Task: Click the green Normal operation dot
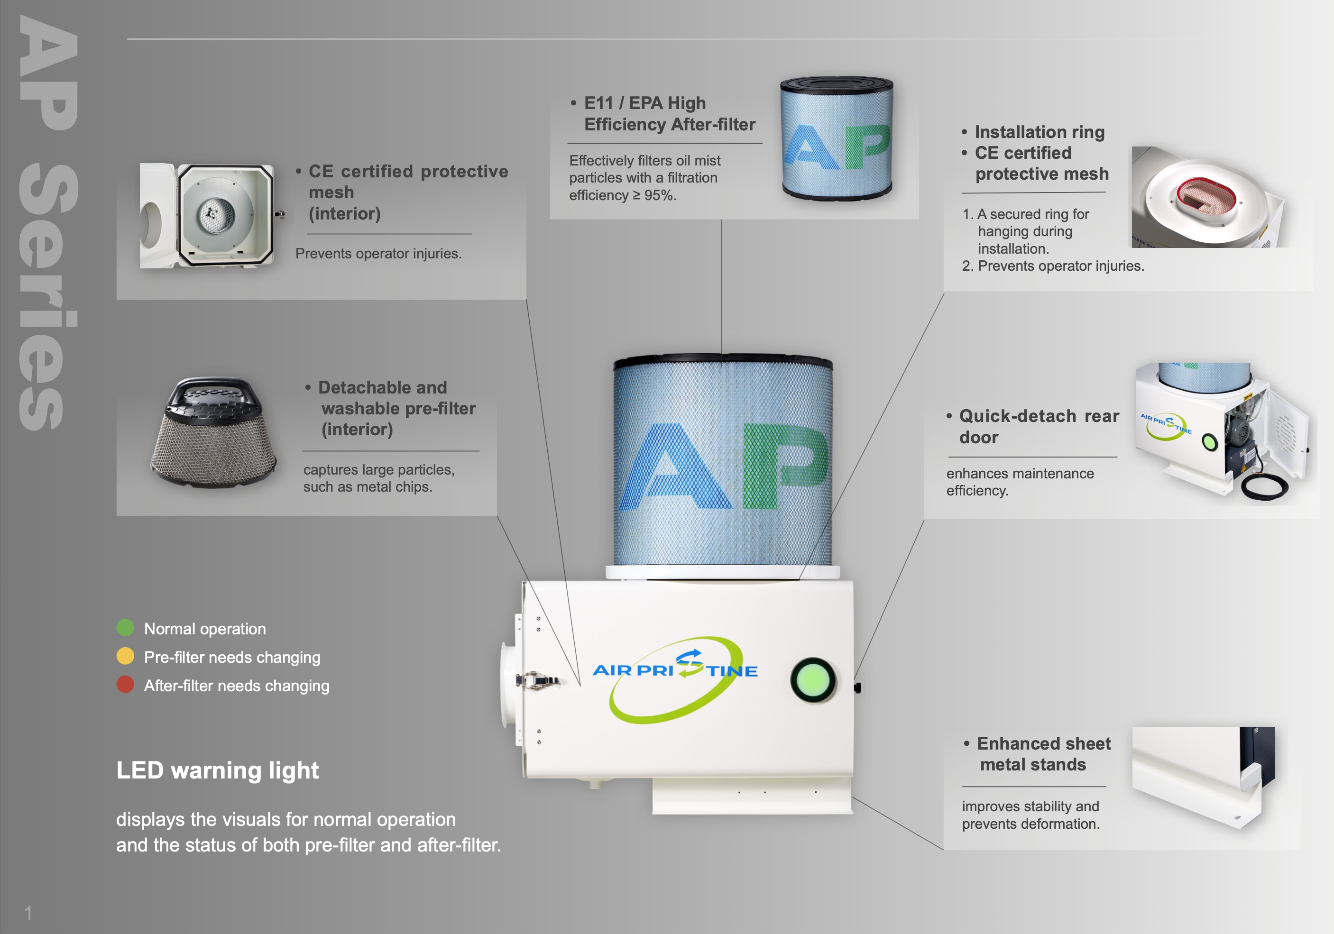(125, 627)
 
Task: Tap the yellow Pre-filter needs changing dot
(125, 656)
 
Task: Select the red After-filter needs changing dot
(125, 684)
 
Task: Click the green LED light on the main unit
(812, 679)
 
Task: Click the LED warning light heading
(217, 770)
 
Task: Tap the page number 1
(28, 913)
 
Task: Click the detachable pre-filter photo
(213, 433)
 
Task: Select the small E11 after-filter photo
(837, 138)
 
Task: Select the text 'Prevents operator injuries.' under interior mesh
(378, 254)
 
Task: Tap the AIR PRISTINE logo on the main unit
(675, 677)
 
